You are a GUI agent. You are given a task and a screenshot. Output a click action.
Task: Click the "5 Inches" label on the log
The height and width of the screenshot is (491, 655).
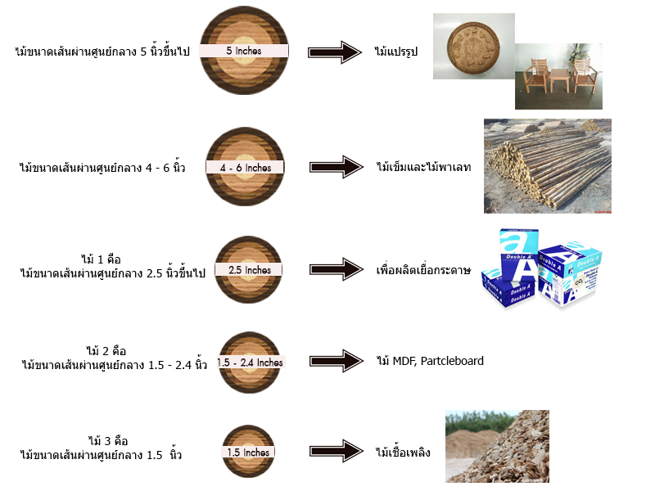[x=246, y=51]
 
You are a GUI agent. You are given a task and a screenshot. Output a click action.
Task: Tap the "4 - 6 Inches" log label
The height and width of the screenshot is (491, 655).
[x=245, y=168]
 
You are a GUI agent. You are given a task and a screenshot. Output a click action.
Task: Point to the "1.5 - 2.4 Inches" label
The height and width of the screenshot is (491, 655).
[x=250, y=363]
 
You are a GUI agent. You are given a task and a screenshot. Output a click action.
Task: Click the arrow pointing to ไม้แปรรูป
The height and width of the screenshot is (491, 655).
[x=339, y=52]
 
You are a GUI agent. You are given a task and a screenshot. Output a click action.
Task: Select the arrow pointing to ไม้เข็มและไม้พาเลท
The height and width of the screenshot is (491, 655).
[x=339, y=168]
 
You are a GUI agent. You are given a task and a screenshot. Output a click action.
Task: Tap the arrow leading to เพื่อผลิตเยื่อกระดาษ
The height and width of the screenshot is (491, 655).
[x=339, y=269]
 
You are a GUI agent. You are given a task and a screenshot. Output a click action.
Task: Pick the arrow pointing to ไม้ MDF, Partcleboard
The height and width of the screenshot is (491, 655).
[x=339, y=360]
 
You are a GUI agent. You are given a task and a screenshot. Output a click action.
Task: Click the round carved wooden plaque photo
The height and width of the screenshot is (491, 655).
[x=473, y=47]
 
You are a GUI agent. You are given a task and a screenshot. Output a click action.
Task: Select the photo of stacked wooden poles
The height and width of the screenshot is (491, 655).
[x=547, y=166]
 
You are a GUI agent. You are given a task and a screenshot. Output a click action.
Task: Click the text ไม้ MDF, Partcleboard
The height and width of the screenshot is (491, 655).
[x=430, y=361]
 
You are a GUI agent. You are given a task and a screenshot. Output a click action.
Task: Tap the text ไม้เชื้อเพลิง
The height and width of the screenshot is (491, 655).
[x=403, y=452]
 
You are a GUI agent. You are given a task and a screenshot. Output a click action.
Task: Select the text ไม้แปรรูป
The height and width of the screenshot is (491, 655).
[x=397, y=52]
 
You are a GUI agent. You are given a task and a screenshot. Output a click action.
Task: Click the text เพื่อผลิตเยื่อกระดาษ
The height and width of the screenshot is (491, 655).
[x=423, y=270]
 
